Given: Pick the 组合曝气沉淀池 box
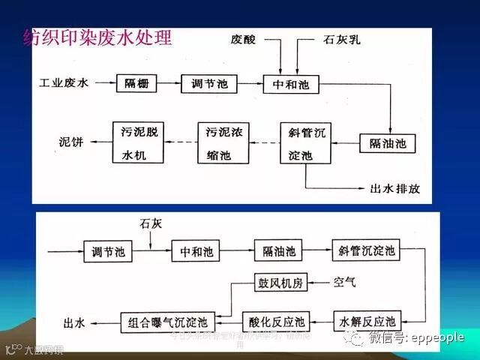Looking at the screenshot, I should [168, 322].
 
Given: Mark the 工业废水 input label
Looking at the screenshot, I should [64, 82].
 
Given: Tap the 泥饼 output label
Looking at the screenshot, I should [73, 141].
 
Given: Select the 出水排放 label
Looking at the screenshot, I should [395, 188].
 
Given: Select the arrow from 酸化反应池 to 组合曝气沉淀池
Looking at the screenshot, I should [229, 322].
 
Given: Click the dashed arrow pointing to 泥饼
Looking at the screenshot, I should [100, 141].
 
